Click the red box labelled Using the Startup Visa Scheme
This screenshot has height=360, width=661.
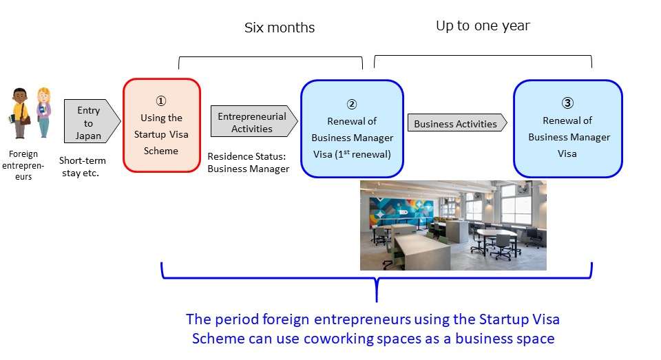(161, 125)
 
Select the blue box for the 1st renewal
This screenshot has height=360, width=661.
(352, 129)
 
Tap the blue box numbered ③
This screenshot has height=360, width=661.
(568, 129)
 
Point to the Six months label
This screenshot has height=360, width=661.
(280, 28)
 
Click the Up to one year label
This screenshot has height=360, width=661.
(483, 26)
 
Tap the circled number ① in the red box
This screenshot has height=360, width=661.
(161, 100)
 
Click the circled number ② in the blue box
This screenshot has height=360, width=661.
(352, 104)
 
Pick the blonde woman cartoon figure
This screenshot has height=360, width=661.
(43, 112)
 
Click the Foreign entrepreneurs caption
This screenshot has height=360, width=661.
(23, 165)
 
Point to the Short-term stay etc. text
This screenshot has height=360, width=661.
(82, 167)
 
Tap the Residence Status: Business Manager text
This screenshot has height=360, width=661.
(249, 162)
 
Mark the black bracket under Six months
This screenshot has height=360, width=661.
(271, 57)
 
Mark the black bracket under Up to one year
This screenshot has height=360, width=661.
(483, 56)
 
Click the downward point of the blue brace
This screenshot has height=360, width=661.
(377, 301)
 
